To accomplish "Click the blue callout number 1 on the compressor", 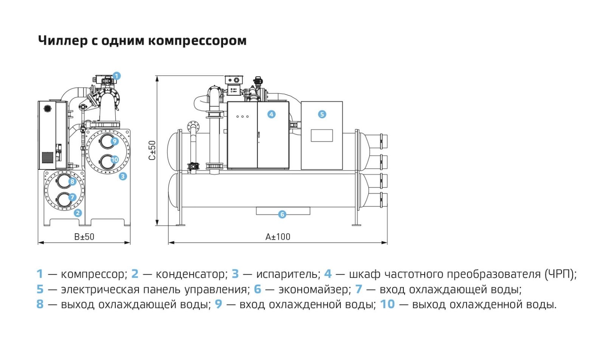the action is pos(116,76).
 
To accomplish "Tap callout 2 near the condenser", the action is pos(78,213).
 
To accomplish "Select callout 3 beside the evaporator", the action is pos(123,176).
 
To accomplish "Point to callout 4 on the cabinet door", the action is pos(271,114).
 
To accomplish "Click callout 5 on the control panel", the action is pos(322,114).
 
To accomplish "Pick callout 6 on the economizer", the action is pos(282,214).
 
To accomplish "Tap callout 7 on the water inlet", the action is pos(72,197).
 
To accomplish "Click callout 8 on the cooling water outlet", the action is pos(72,181).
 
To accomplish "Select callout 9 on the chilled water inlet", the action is pos(115,141).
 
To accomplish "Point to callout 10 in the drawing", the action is pos(115,160).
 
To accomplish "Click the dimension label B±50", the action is pos(84,237).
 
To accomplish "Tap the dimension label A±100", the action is pos(278,237).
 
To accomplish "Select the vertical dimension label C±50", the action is pos(152,151).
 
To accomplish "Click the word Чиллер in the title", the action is pos(63,41).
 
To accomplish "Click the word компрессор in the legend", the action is pos(93,275).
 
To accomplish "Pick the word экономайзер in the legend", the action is pos(313,290).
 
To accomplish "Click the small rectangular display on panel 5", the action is pos(322,136).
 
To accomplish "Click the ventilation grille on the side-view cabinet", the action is pos(48,157).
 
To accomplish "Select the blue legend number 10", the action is pos(387,304).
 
